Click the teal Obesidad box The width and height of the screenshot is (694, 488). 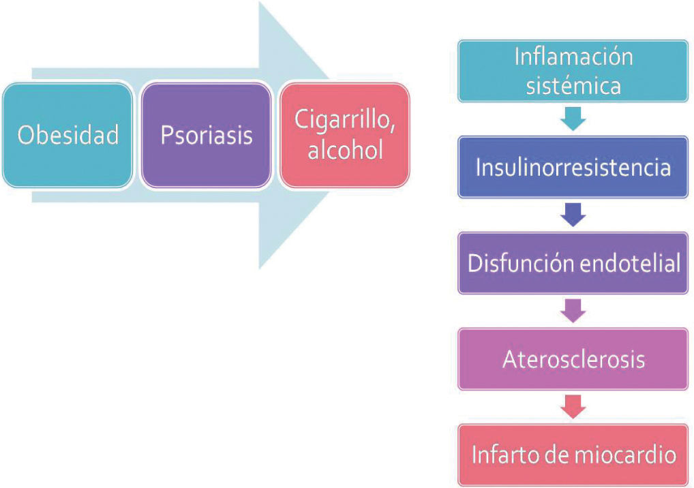point(67,135)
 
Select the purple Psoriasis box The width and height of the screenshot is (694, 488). point(206,135)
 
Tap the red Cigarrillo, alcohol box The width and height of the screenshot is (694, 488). point(345,135)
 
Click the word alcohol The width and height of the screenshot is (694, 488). point(345,150)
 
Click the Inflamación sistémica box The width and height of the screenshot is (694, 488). point(573,71)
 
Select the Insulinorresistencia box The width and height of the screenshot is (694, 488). point(573,168)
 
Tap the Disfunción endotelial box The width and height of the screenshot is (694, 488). point(573,263)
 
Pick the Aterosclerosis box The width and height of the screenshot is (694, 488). point(573,359)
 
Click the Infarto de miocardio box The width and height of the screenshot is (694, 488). point(573,455)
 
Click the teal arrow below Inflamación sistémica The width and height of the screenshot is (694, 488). point(573,119)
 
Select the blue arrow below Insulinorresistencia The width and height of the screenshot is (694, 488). point(573,215)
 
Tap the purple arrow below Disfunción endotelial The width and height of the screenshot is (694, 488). point(573,311)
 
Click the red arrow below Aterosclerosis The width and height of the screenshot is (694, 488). point(573,407)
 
